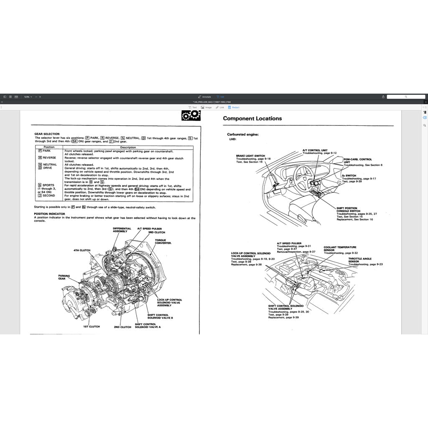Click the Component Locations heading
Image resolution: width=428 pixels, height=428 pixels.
coord(252,118)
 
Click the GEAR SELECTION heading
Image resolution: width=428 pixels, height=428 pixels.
coord(47,134)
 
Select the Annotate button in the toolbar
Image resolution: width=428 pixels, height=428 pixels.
coord(204,97)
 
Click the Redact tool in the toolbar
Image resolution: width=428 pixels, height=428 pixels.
coord(234,107)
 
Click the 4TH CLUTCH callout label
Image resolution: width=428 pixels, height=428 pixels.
coord(82,250)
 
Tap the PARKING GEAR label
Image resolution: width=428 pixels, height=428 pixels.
coord(64,278)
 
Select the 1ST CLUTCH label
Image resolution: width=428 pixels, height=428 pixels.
coord(91,326)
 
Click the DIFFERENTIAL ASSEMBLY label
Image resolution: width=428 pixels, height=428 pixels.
coord(122,230)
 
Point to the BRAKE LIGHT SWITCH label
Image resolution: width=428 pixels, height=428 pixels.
coord(250,156)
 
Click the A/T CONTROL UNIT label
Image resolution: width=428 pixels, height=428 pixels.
coord(315,150)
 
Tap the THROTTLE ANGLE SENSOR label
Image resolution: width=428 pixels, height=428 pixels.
coord(359,260)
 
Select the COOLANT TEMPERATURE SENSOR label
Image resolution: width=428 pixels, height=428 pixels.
coord(339,249)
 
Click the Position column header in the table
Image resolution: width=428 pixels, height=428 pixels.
coord(49,147)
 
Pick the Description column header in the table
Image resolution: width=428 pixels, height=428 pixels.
coord(128,147)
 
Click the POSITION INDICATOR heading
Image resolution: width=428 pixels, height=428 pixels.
coord(49,214)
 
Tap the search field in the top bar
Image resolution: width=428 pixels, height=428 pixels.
coord(405,97)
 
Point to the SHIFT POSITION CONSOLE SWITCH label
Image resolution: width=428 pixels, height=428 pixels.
coord(348,209)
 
